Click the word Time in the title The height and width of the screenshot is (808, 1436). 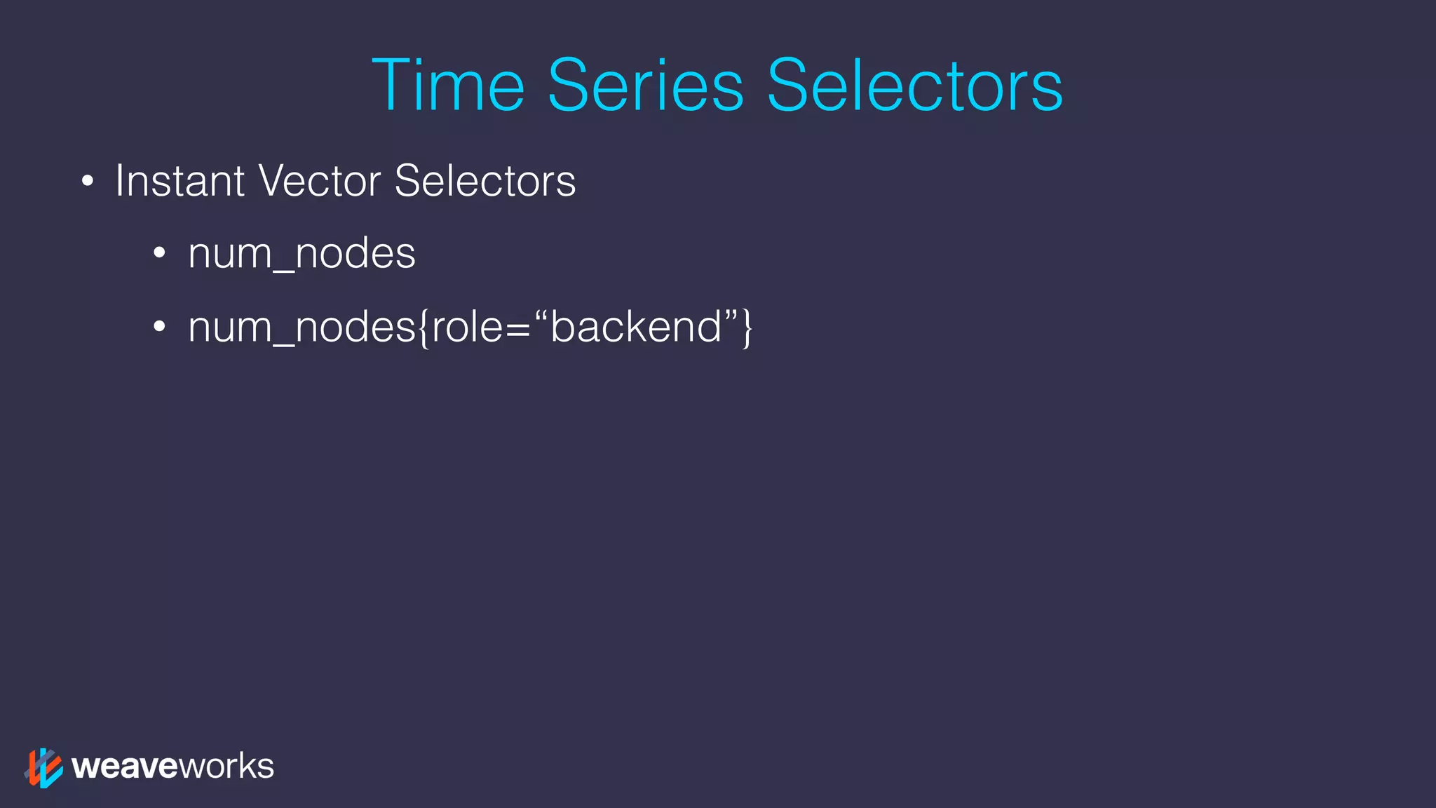tap(447, 86)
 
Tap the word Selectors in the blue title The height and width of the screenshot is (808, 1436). tap(914, 86)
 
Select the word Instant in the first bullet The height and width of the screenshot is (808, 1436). tap(179, 181)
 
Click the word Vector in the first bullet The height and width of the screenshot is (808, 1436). tap(319, 181)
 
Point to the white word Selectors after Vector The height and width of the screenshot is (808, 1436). tap(485, 181)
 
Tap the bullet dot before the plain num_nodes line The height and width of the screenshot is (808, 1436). tap(160, 254)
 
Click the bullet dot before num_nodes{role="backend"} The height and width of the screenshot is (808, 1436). tap(160, 328)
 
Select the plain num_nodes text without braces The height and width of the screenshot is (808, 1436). tap(302, 253)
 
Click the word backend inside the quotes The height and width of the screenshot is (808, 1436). tap(636, 327)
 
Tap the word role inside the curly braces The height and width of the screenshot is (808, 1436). tap(466, 327)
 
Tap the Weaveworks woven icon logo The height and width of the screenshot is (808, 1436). tap(43, 767)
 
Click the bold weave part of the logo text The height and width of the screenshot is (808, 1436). tap(126, 767)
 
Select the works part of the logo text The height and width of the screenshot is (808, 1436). tap(226, 767)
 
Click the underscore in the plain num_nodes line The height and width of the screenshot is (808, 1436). tap(283, 269)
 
